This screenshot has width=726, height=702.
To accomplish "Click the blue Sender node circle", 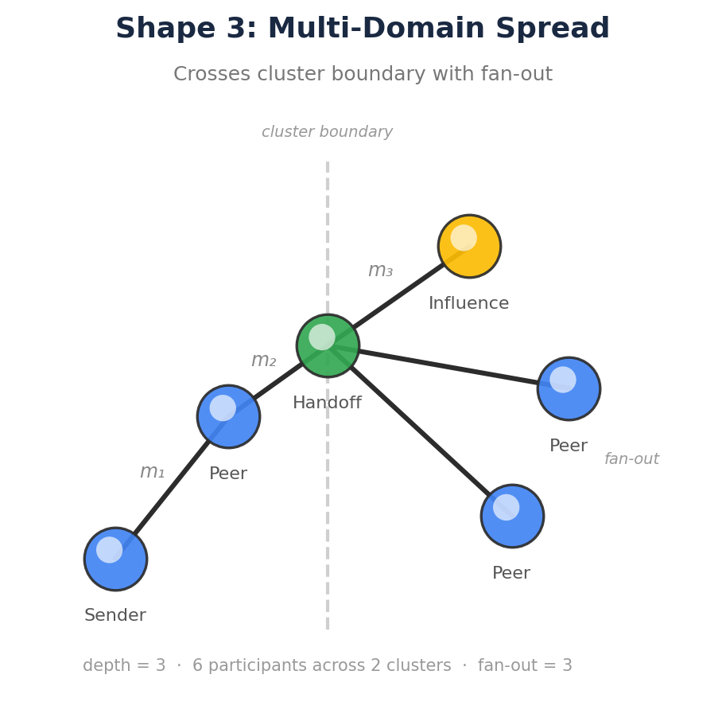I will tap(115, 559).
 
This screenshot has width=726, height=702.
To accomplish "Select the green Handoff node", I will tap(328, 345).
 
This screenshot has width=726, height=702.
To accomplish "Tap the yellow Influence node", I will tap(469, 246).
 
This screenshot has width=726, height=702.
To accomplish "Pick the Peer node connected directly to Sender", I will tap(228, 416).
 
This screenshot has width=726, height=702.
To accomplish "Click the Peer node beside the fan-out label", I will tap(569, 388).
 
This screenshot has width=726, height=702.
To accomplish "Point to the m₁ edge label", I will tap(152, 472).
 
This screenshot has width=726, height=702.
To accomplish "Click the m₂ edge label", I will tap(263, 361).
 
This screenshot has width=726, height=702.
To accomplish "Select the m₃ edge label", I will tap(380, 271).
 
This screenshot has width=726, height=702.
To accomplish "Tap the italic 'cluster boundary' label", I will tap(327, 132).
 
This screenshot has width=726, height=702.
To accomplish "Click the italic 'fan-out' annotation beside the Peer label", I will tap(631, 459).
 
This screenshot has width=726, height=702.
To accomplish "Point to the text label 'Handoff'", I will tap(327, 404).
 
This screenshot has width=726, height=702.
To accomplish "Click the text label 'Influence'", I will tap(468, 304).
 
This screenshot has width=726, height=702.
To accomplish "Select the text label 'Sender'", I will tap(115, 616).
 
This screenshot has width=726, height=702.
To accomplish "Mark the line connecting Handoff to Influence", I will tap(398, 297).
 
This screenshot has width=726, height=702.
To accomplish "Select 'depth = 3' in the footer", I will tap(124, 666).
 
